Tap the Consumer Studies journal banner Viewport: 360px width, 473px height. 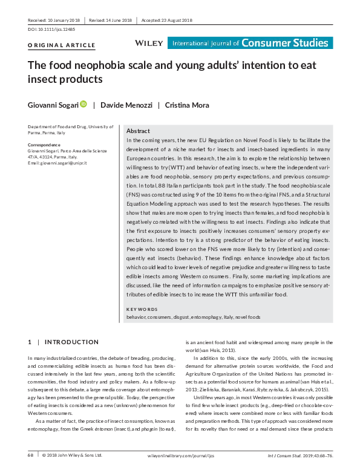250,43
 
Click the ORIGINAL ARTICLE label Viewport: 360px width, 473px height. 62,45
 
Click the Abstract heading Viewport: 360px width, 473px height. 137,131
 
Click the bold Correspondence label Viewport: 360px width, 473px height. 44,145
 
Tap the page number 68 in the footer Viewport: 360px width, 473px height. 31,454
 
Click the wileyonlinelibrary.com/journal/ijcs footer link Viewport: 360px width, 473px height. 182,454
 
